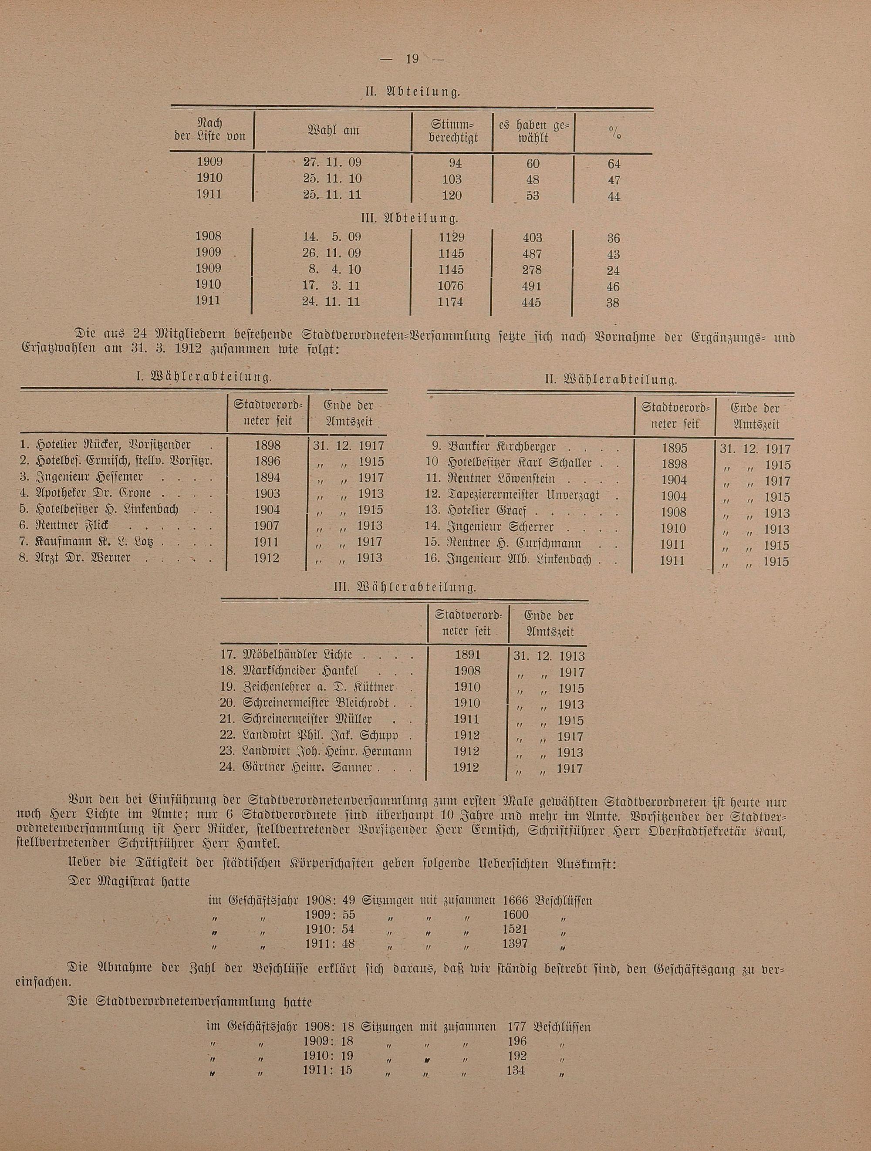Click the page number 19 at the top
coord(411,58)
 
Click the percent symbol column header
coord(614,133)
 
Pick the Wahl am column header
coord(334,131)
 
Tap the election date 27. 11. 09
coord(332,162)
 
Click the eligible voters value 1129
coord(451,238)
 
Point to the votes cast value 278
coord(531,270)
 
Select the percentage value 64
coord(614,164)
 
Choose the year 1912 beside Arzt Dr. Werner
coord(268,558)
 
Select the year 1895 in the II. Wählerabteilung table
coord(673,448)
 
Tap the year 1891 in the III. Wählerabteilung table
coord(467,655)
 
